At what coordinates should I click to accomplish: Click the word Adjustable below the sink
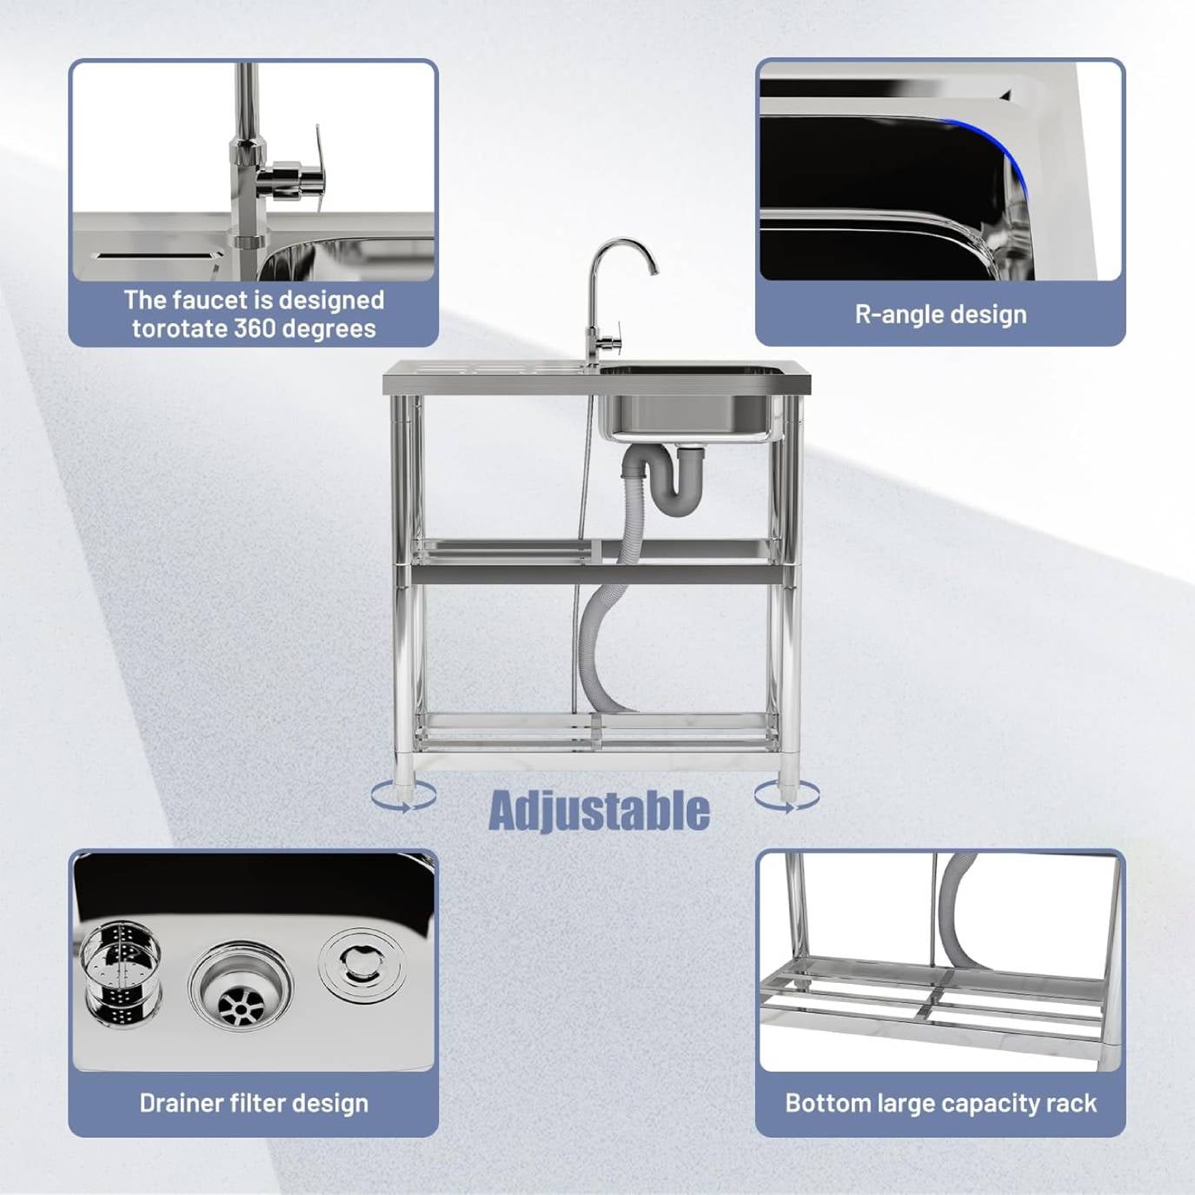(x=599, y=810)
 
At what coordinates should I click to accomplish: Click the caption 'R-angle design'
(x=940, y=315)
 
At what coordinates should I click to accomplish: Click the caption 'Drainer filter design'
(x=254, y=1103)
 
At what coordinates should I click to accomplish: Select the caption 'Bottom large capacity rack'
(x=940, y=1103)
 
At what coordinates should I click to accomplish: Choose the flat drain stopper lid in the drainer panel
(x=362, y=966)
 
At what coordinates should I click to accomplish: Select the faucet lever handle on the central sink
(x=615, y=339)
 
